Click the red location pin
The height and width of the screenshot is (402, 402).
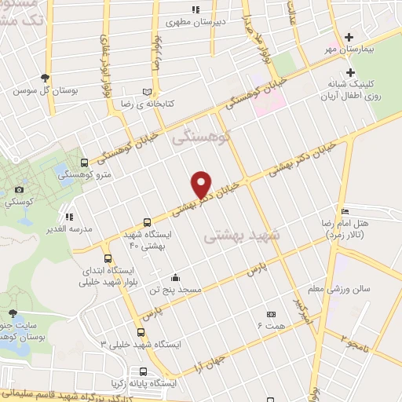(203, 185)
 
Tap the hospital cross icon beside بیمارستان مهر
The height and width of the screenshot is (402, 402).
(351, 37)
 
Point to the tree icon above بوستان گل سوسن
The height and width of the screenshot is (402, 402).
(45, 78)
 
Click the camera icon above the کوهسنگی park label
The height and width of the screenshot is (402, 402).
(19, 189)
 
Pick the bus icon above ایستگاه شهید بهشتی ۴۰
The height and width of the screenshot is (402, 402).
(147, 222)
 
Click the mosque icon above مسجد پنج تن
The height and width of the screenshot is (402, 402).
(175, 276)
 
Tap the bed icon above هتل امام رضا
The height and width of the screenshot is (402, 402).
(345, 211)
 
